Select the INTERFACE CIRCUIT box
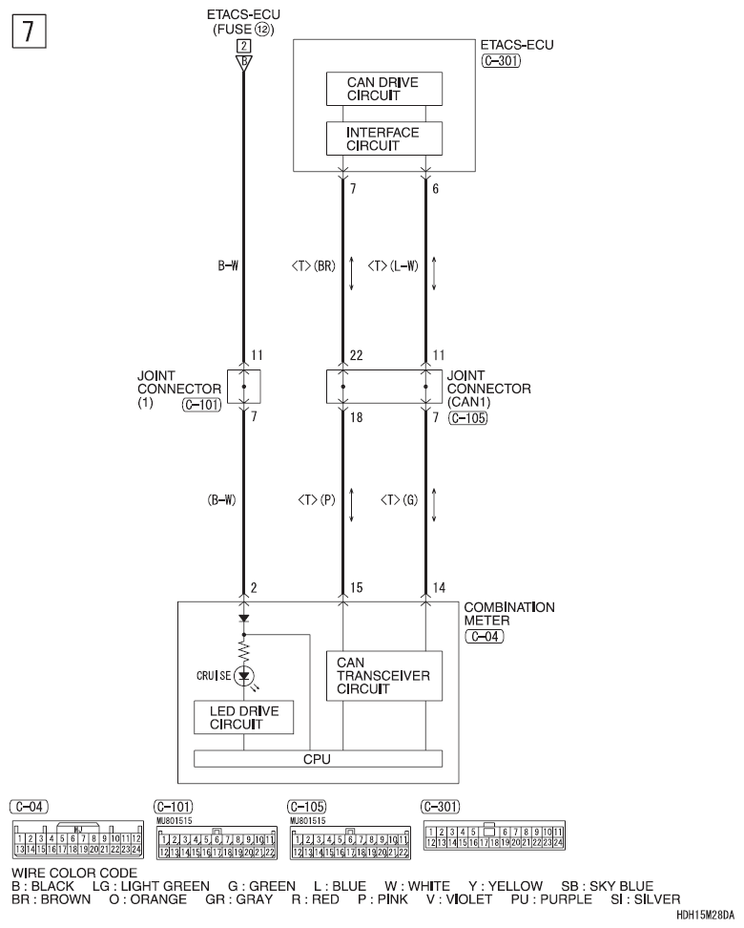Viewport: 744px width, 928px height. click(384, 138)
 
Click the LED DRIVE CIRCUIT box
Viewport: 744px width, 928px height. click(243, 718)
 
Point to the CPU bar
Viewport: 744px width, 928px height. click(318, 759)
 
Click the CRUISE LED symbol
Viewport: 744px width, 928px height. click(244, 674)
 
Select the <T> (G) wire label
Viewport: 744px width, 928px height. click(400, 500)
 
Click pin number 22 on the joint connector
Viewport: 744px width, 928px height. click(357, 355)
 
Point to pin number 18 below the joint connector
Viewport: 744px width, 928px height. click(357, 417)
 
